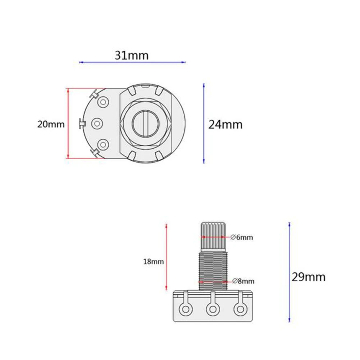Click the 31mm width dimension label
point(131,55)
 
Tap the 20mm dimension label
point(51,124)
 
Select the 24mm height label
point(225,125)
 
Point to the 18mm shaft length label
point(153,262)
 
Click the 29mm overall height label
point(308,277)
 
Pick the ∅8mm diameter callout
point(243,281)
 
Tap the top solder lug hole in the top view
point(103,102)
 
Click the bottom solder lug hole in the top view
point(103,145)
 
